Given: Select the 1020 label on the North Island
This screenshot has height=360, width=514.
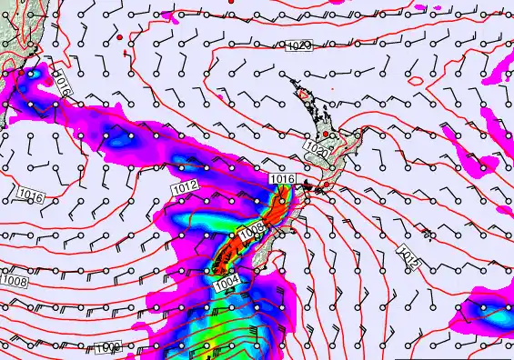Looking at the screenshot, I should coord(317,147).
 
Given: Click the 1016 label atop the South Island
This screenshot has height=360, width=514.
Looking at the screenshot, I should coord(282,180).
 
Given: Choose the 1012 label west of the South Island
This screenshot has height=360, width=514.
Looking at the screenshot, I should coord(184,186).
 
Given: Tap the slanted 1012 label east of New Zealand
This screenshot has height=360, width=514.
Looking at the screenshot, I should coord(408,255).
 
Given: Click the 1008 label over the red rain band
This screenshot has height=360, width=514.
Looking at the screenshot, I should coord(253,227).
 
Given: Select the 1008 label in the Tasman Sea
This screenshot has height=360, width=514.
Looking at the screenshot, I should coord(14,282).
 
